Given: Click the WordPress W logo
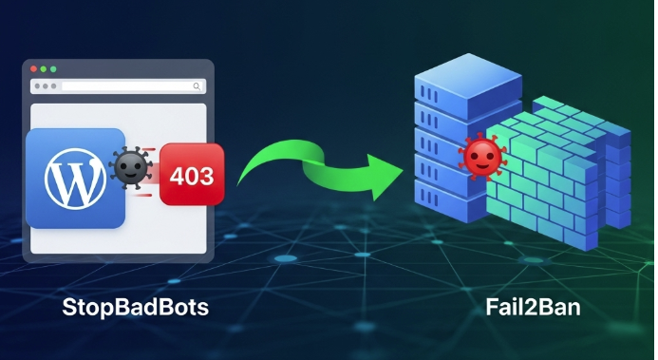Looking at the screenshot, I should (75, 179).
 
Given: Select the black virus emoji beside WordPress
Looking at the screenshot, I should (129, 169).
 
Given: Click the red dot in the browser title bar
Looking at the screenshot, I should (35, 69).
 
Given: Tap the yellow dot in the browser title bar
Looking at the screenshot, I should (45, 69).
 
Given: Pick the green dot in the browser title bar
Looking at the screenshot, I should (54, 69).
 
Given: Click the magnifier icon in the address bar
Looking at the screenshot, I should (197, 86).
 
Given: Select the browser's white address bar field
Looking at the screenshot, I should (128, 86).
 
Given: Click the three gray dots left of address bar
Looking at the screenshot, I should (45, 86).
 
